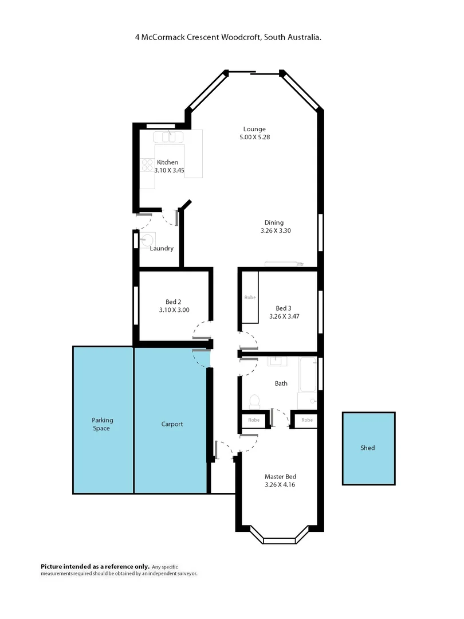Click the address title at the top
(227, 37)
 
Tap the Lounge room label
(254, 129)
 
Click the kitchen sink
(168, 136)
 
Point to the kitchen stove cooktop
(146, 166)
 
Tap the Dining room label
(274, 222)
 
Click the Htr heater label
(300, 264)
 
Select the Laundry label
(162, 248)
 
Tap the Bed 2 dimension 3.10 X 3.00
(174, 310)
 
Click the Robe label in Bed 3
(250, 297)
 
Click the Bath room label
(281, 383)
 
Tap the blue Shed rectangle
(368, 448)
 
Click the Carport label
(172, 424)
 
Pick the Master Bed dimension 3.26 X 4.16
(280, 484)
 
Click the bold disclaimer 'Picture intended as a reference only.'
(95, 566)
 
